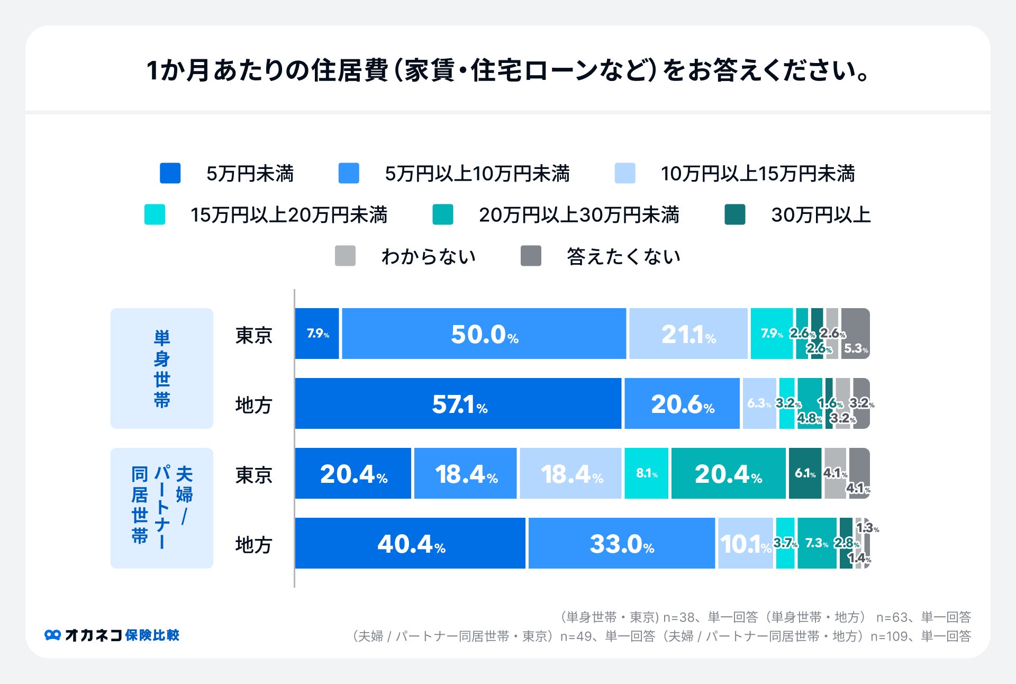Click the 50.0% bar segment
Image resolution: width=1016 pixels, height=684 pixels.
tap(484, 334)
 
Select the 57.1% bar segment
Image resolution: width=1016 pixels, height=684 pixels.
tap(458, 403)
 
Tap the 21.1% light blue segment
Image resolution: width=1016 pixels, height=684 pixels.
tap(688, 334)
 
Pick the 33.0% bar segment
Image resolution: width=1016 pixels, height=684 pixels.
tap(621, 543)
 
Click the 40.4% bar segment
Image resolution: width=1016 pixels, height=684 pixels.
tap(410, 543)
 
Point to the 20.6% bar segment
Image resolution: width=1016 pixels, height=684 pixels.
tap(682, 403)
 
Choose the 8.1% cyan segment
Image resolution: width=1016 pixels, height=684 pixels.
tap(646, 473)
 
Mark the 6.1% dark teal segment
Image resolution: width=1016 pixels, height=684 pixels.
tap(804, 473)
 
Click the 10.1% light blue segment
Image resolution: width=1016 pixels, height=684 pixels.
tap(745, 543)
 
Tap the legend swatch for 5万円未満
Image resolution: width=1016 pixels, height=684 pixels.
tap(170, 173)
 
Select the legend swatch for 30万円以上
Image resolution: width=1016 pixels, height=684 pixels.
tap(734, 214)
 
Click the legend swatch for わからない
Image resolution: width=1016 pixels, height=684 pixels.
tap(345, 256)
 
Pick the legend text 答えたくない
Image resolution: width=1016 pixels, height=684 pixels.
tap(623, 256)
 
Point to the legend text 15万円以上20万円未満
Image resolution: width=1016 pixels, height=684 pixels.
tap(289, 215)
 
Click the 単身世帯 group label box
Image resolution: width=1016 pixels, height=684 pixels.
tap(162, 368)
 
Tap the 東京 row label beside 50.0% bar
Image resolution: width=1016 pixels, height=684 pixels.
tap(253, 335)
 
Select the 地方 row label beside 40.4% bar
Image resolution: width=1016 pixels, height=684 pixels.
tap(253, 544)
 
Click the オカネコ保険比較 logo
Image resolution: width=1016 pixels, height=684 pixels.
tap(112, 635)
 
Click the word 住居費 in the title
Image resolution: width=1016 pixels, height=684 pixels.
tap(350, 70)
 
